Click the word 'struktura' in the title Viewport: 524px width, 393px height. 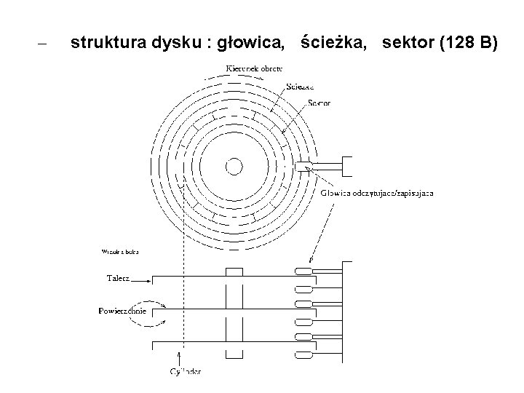[x=109, y=44]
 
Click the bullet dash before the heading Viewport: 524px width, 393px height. [x=41, y=44]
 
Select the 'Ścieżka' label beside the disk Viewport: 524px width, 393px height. [x=300, y=85]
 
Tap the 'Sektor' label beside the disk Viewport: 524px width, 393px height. [x=319, y=103]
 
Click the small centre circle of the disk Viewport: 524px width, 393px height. [x=234, y=167]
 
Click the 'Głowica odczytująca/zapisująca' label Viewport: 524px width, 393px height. [x=378, y=194]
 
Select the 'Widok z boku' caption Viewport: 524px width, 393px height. [x=120, y=252]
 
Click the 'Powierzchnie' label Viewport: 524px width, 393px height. [x=122, y=311]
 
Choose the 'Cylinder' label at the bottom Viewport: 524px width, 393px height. [x=185, y=372]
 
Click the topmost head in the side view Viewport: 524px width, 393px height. [x=302, y=272]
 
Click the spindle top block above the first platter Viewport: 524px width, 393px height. [x=234, y=271]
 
